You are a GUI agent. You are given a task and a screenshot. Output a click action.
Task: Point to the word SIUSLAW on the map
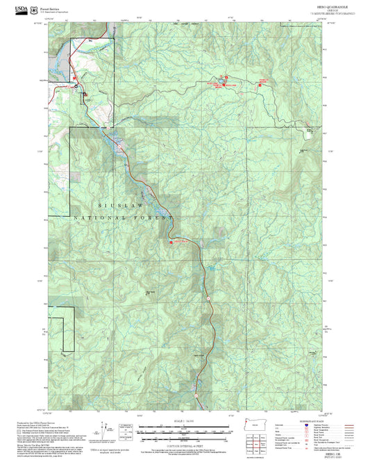coord(119,206)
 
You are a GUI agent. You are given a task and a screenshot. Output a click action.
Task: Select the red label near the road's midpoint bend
coord(178,242)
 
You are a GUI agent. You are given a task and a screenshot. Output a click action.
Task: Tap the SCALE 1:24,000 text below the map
coord(184,421)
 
